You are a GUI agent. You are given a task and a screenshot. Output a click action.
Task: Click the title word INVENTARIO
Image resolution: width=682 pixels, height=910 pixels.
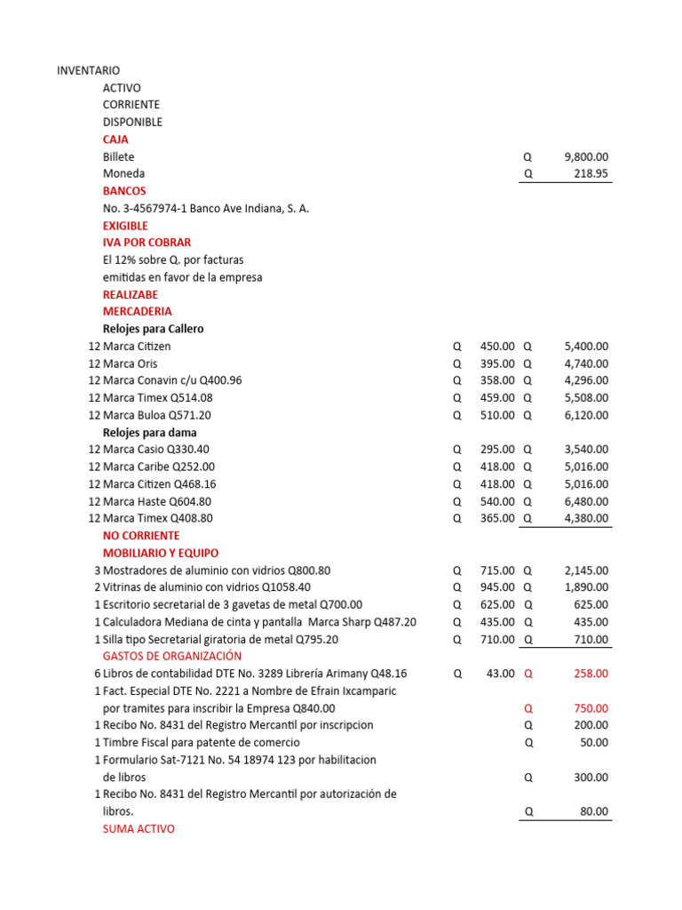pos(88,70)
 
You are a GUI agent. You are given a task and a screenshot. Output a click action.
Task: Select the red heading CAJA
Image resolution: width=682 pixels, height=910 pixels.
pos(115,140)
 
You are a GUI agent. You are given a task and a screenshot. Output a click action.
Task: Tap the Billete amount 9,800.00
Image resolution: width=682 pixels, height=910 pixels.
pos(586,156)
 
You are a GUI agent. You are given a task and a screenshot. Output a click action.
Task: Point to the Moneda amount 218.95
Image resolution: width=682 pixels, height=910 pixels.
pos(591,174)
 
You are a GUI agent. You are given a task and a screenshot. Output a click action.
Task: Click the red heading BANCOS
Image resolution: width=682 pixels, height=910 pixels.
pos(124,191)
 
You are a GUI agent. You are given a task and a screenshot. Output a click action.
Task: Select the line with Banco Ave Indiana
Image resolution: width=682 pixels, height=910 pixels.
pos(206,209)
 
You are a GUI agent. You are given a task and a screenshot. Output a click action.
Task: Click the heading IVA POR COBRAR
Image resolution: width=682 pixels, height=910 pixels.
pos(147,243)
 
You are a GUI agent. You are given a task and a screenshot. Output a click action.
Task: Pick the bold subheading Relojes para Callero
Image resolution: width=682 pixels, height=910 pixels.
pos(153,329)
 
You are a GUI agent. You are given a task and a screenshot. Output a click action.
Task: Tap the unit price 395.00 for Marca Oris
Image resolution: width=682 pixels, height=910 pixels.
pos(496,363)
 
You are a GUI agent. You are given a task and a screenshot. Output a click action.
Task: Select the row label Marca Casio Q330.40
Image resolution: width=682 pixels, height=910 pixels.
pos(156,450)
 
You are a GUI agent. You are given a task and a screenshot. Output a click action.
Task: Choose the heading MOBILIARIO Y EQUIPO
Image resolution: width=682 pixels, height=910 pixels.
pos(161,553)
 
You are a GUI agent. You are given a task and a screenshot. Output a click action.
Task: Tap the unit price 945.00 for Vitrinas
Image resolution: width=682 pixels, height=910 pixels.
pos(496,587)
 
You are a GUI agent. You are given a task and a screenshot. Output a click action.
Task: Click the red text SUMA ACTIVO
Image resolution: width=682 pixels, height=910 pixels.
pos(139,829)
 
